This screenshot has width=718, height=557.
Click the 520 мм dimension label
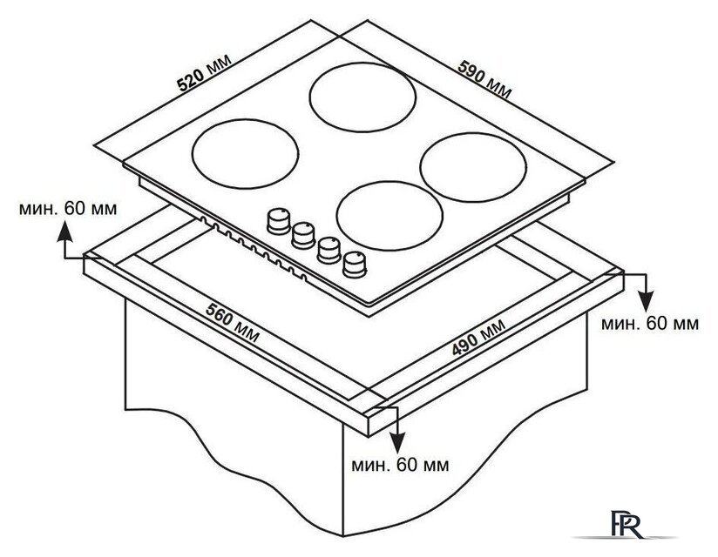pos(205,73)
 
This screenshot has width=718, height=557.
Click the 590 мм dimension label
pos(484,79)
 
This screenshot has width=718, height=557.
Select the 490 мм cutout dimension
pos(478,337)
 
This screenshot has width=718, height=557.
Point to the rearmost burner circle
pos(362,97)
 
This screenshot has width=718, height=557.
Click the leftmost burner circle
pos(246,154)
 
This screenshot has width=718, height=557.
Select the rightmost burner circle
pos(473,167)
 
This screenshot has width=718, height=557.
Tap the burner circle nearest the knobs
pos(389,215)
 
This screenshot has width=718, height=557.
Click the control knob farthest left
pos(278,221)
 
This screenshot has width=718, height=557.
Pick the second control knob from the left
pos(303,235)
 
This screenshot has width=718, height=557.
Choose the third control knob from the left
pos(329,250)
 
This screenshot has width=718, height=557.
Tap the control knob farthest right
pos(355,265)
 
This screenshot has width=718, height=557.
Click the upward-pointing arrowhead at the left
pos(65,231)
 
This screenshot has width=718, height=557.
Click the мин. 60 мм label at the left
pos(68,209)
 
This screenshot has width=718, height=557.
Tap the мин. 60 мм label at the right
pos(650,324)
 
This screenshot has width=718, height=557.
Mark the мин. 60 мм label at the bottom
pos(400,465)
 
